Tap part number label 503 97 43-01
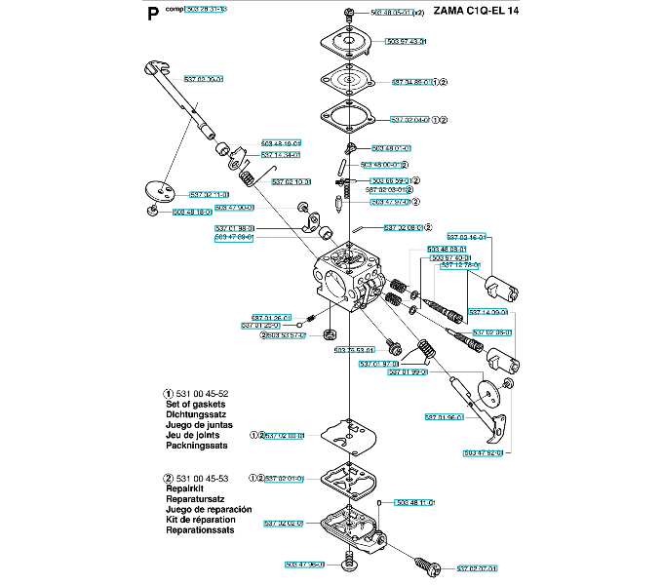point(406,42)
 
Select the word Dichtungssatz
point(196,414)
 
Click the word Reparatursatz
point(197,499)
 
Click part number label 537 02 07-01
point(477,567)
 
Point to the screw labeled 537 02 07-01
point(426,563)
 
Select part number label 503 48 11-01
point(414,503)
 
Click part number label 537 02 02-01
point(284,478)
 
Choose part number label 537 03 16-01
point(466,237)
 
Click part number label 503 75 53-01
point(354,350)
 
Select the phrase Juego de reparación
point(209,510)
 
